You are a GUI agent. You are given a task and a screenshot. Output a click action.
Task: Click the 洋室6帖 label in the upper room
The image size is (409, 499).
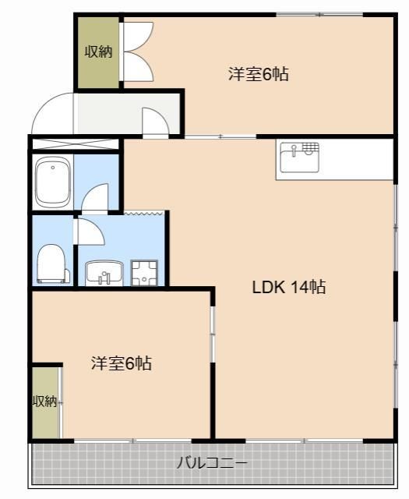click(259, 75)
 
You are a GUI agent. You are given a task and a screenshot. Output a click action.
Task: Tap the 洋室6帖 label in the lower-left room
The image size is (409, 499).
click(121, 363)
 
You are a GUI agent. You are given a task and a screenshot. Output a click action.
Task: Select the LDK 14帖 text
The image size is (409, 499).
click(288, 287)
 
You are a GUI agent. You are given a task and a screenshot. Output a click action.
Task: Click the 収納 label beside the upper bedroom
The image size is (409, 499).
click(98, 52)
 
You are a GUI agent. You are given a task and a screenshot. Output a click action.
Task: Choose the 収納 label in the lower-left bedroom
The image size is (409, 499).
click(44, 402)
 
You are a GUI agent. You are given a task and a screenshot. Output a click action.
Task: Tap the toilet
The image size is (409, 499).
click(52, 263)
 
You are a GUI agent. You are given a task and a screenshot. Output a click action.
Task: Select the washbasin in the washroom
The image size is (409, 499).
click(104, 273)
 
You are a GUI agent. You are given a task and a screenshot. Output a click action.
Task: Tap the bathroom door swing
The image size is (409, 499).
click(95, 198)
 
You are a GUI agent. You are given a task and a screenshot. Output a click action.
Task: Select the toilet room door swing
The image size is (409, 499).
click(87, 232)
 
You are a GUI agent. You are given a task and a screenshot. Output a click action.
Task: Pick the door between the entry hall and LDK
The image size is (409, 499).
click(153, 122)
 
